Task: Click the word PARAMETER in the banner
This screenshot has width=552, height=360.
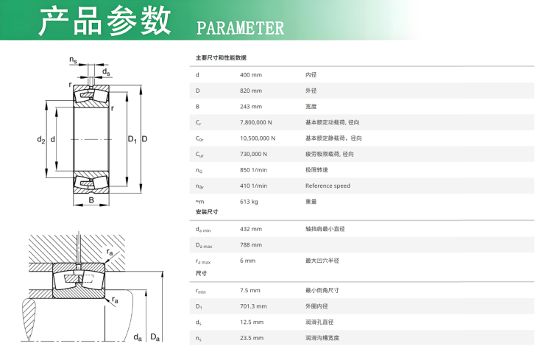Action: click(240, 28)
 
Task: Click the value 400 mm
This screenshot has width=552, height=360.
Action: click(251, 74)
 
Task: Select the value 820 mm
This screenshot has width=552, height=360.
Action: click(251, 91)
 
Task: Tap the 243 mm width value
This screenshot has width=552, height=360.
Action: click(251, 106)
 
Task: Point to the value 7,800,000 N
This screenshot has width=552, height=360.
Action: click(256, 122)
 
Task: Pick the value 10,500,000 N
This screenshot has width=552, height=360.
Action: click(258, 138)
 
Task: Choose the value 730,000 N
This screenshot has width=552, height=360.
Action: click(253, 154)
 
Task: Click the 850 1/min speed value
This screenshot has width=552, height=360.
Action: click(253, 170)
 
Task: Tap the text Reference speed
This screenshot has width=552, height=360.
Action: click(328, 186)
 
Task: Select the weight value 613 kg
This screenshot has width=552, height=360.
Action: click(249, 202)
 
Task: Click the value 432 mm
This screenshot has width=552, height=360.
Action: click(251, 229)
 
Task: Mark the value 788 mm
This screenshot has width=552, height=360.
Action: click(251, 245)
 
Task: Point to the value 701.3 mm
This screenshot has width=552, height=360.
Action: click(253, 306)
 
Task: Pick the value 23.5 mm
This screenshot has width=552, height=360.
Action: click(252, 338)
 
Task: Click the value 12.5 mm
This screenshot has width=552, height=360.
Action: click(252, 322)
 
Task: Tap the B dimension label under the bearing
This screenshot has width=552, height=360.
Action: click(91, 200)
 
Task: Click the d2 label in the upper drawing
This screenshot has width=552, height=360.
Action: click(41, 139)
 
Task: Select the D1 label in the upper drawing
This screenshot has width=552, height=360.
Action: click(132, 139)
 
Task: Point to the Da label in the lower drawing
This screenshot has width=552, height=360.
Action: click(155, 337)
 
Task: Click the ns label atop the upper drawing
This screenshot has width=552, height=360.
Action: click(73, 60)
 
